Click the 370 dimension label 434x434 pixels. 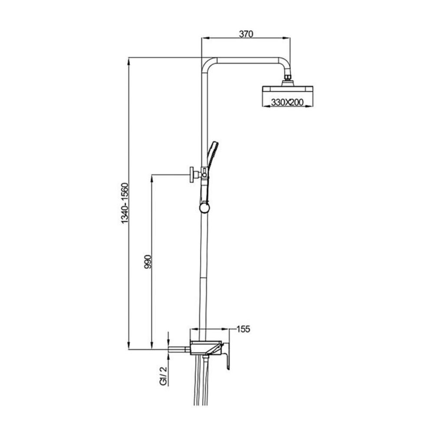pyautogui.click(x=246, y=34)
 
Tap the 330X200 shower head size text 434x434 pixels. pyautogui.click(x=287, y=102)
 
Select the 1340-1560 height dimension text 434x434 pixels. pyautogui.click(x=125, y=204)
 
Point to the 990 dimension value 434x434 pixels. pyautogui.click(x=148, y=262)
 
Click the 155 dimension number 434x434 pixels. pyautogui.click(x=243, y=329)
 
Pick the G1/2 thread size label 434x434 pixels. pyautogui.click(x=164, y=375)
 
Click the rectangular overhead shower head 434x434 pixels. pyautogui.click(x=287, y=89)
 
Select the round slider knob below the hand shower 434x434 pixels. pyautogui.click(x=204, y=208)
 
